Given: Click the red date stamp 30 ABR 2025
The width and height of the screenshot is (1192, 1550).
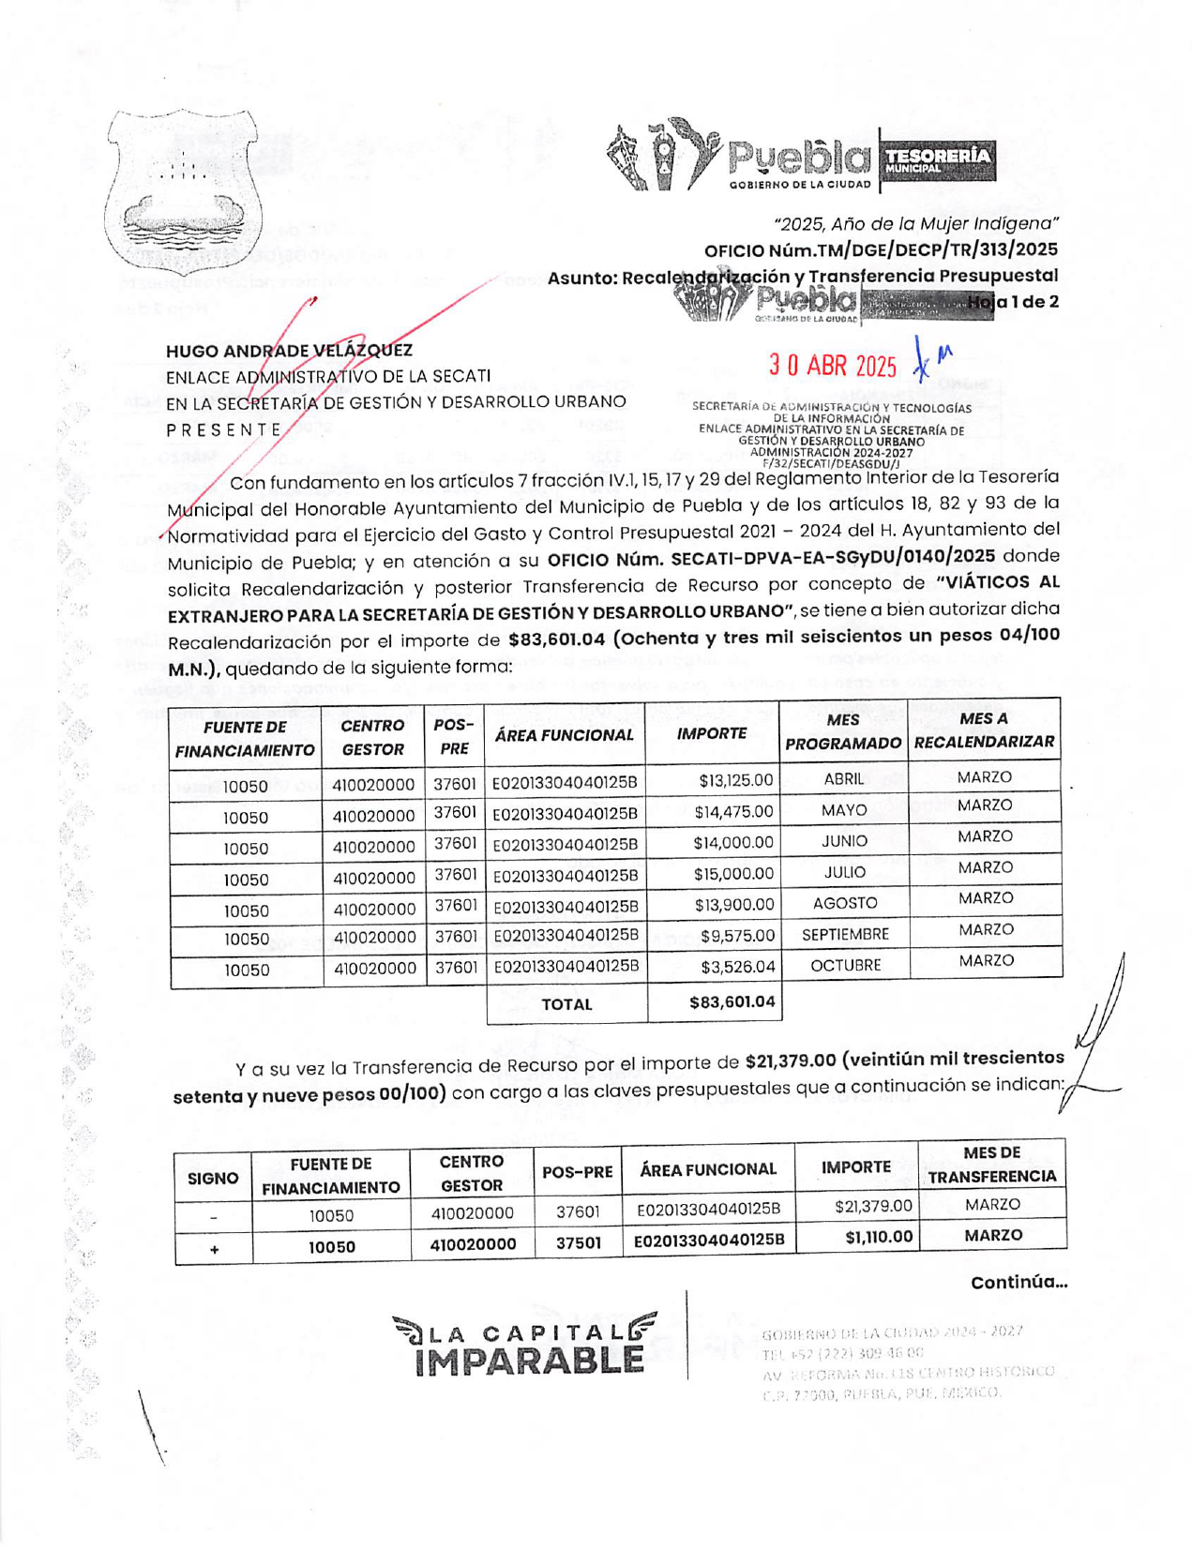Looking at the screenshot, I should coord(832,365).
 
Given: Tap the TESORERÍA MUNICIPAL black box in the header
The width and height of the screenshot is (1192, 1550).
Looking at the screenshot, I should coord(937,160).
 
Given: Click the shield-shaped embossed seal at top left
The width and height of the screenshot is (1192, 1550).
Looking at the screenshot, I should coord(181,191).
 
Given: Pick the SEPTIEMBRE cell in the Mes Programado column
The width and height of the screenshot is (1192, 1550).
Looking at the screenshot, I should coord(844,935).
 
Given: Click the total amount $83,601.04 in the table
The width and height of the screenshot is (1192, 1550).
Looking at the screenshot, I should coord(732,1001).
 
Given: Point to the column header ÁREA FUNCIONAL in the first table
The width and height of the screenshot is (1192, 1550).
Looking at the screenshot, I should coord(564,735).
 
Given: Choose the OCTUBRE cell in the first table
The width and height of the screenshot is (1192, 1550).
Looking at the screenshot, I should coord(844,965).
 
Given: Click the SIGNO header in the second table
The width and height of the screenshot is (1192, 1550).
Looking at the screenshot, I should coord(213,1178).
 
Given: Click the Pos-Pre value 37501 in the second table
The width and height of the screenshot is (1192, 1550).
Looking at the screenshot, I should coord(578,1242).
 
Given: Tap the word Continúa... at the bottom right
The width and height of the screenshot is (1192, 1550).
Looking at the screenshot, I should coord(1018,1282).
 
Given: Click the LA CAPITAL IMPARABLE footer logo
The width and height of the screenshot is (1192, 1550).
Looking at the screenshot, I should coord(526,1346).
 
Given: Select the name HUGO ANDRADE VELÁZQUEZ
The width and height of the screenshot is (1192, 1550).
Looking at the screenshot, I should coord(289,351).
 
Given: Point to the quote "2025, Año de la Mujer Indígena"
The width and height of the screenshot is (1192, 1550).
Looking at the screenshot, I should coord(915,223).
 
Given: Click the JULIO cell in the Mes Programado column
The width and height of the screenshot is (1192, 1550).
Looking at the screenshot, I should coord(844,872).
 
